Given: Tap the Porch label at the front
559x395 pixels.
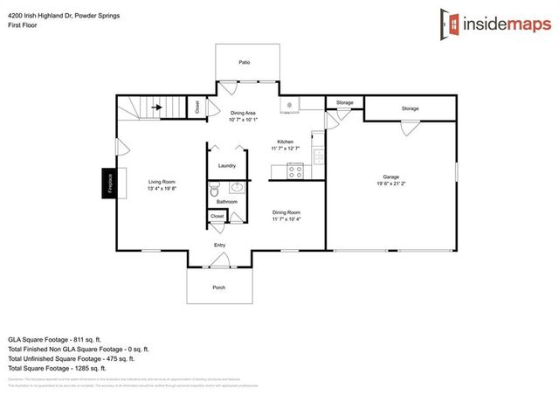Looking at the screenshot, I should tap(218, 287).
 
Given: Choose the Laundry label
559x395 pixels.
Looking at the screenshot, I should tap(227, 165).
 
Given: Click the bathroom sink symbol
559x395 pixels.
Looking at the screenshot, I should tap(238, 187).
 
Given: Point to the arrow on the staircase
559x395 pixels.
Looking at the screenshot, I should tap(157, 108).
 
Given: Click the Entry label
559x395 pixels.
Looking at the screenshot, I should tap(220, 246).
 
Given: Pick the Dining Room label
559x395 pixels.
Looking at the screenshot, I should tap(286, 211).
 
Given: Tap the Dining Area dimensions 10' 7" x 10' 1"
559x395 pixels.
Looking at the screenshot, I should tap(243, 120).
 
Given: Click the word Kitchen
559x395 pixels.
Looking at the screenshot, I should tap(286, 142).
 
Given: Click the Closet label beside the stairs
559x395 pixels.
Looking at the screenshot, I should tap(197, 107).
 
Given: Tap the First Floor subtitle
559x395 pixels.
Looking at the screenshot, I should tap(24, 26).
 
